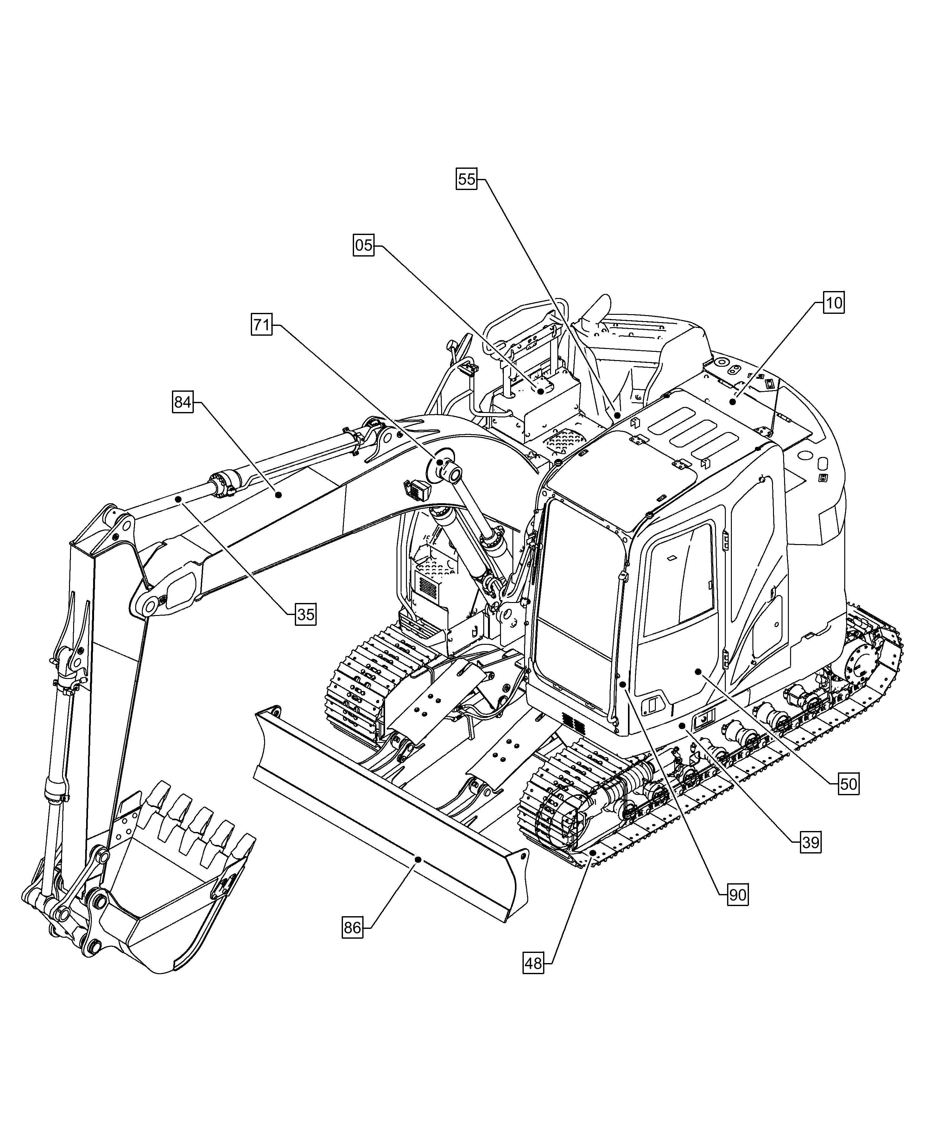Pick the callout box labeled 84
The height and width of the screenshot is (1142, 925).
tap(183, 402)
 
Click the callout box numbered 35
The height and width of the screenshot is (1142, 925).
tap(305, 614)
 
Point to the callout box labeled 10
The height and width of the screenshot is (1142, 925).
tap(834, 303)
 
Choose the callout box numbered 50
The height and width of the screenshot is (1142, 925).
tap(848, 784)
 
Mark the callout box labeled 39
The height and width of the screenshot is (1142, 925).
tap(810, 842)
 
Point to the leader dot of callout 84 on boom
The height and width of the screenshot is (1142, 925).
tap(278, 495)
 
